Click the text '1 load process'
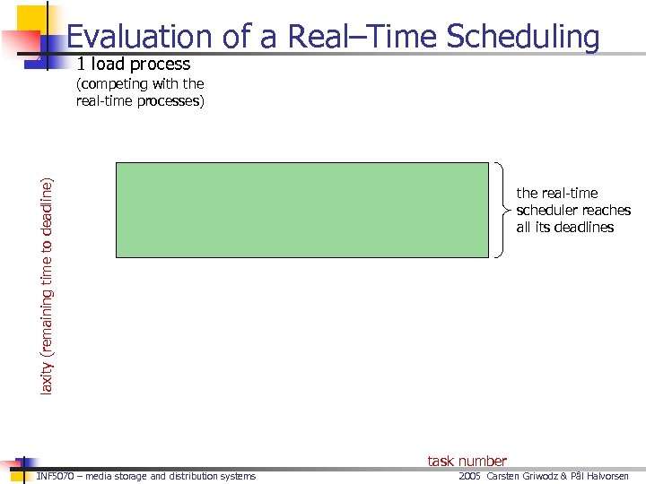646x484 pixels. tap(134, 65)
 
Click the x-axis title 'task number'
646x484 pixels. tap(467, 461)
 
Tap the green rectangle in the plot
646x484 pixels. tap(301, 210)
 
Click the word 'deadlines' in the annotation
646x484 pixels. tap(583, 227)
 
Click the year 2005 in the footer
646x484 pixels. tap(470, 476)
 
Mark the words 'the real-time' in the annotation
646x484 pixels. tap(556, 193)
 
